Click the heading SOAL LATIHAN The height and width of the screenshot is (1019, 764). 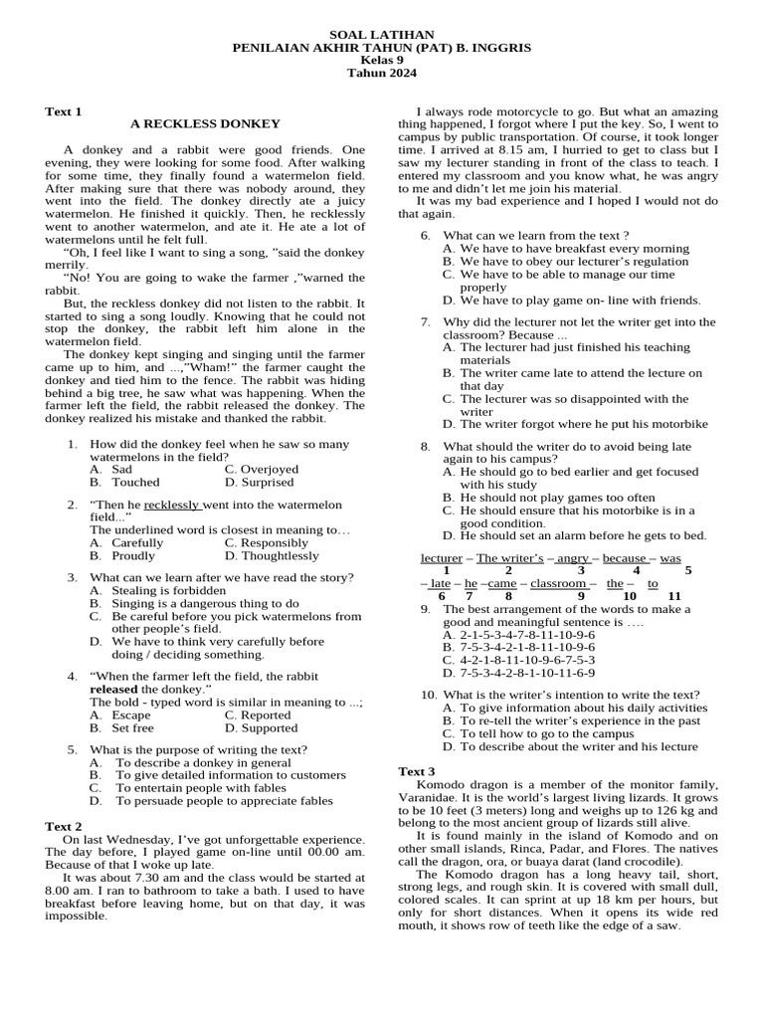pos(381,34)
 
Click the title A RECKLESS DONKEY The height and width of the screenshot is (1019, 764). pos(205,123)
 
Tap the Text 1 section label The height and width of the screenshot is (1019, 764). pos(64,110)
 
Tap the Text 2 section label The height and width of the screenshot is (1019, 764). pos(64,826)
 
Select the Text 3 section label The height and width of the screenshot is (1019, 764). pos(417,771)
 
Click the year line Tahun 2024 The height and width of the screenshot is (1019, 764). pos(381,73)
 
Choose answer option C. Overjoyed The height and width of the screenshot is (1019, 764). pos(261,469)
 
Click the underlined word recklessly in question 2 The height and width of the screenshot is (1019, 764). pos(172,505)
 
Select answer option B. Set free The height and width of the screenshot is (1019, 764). pos(120,727)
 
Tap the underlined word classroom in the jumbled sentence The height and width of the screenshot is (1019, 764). pos(559,583)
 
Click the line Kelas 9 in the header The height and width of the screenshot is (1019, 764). pos(381,60)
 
